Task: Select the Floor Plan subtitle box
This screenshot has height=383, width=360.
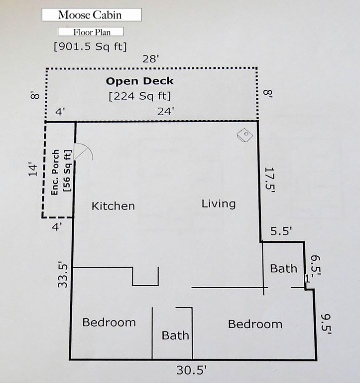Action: click(x=91, y=32)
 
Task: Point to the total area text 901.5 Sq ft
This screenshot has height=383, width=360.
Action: click(x=90, y=46)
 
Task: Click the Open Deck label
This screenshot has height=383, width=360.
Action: click(x=139, y=81)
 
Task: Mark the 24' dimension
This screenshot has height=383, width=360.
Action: click(x=166, y=112)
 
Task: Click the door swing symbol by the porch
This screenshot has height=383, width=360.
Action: click(x=82, y=152)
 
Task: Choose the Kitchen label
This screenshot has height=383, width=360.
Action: click(x=113, y=206)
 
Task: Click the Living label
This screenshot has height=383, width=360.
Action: click(x=219, y=203)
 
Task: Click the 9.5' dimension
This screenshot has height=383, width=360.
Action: click(x=326, y=322)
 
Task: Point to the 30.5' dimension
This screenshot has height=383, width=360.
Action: click(x=192, y=370)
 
